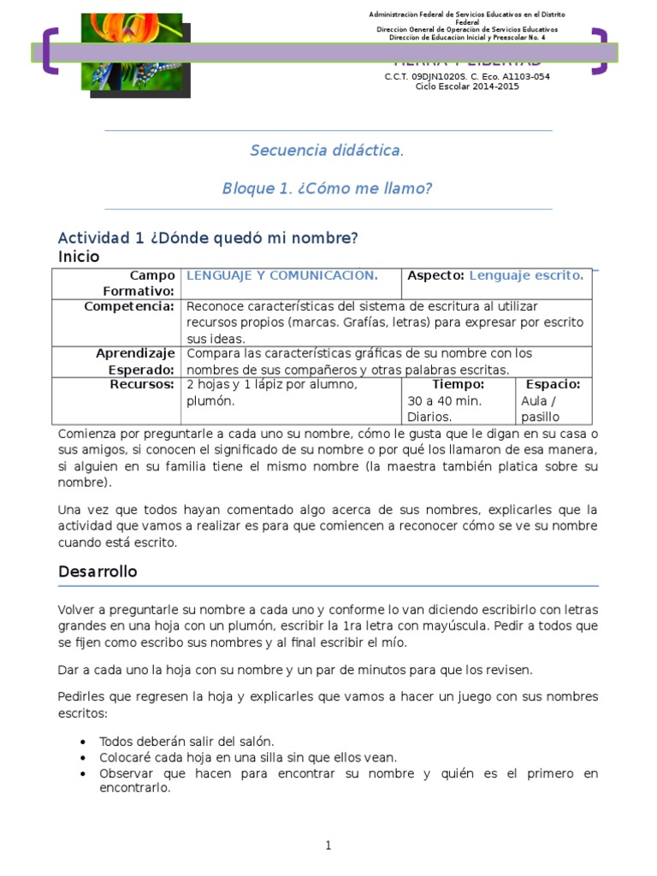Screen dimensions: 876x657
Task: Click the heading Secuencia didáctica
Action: (x=327, y=151)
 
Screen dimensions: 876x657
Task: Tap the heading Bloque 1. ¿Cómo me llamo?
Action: (x=327, y=188)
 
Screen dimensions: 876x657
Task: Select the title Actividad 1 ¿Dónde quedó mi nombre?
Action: (x=207, y=238)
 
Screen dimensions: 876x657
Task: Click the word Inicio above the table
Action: (x=79, y=257)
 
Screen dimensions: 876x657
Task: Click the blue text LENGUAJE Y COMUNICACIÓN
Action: (x=282, y=275)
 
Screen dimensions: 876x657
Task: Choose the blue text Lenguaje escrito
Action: (x=526, y=275)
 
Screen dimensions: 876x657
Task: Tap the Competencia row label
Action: (x=130, y=306)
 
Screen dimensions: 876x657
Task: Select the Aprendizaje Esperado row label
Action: (x=135, y=361)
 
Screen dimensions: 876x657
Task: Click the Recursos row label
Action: (x=142, y=384)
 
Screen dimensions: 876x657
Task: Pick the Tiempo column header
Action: (x=459, y=384)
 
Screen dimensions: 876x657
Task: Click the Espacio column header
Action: (x=553, y=384)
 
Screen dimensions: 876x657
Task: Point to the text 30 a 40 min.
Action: (x=445, y=400)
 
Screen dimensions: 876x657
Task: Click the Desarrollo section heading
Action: (x=98, y=571)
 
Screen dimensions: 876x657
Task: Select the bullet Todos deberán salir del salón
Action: (x=186, y=741)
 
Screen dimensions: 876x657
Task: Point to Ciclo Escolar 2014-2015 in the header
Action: (x=467, y=86)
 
